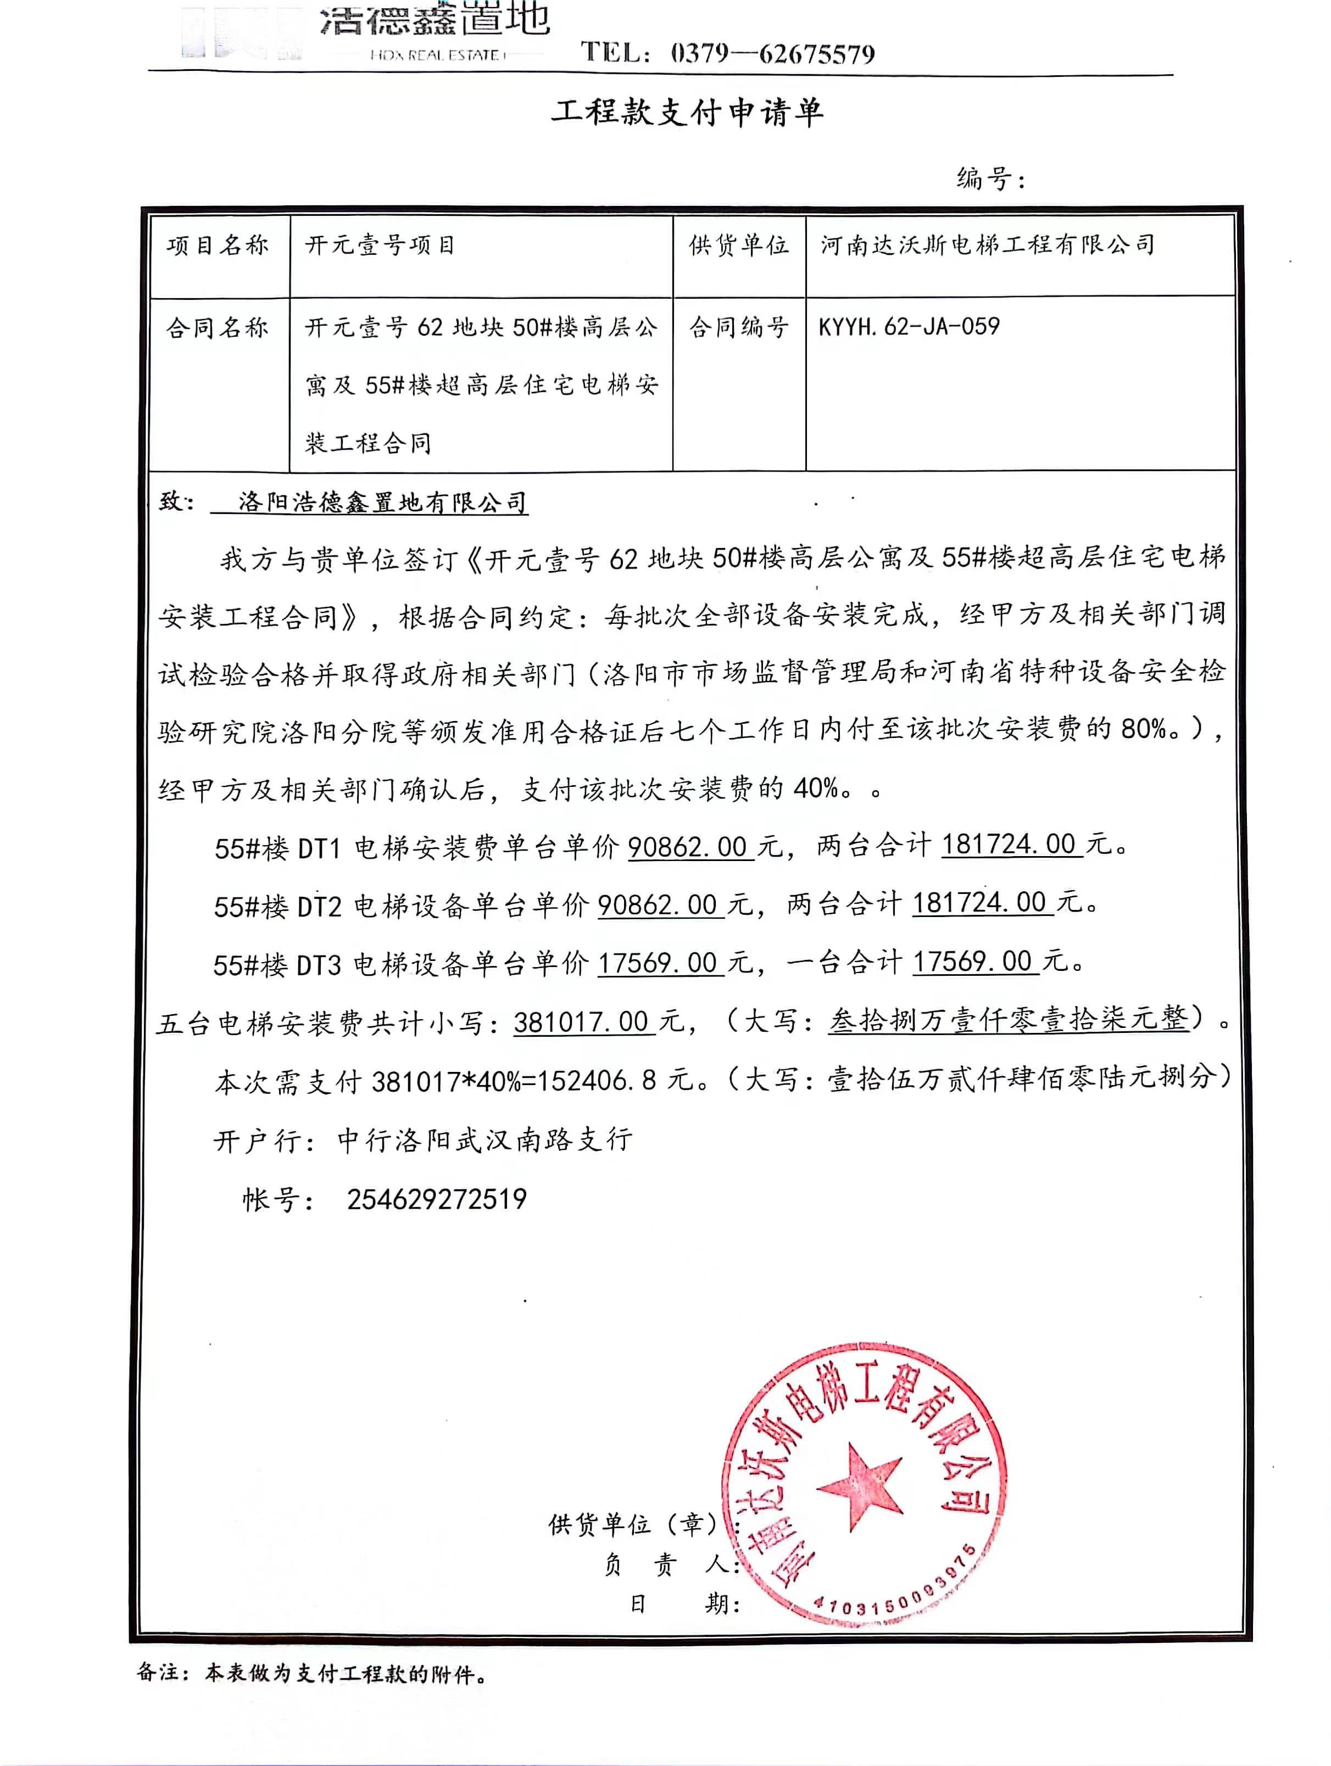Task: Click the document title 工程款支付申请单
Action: click(x=687, y=113)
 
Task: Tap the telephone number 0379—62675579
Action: click(x=772, y=54)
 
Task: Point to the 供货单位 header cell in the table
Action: click(x=738, y=245)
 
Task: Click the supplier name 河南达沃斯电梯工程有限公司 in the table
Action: click(x=988, y=245)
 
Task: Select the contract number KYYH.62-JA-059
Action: click(x=909, y=327)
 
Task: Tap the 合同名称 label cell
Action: click(x=217, y=327)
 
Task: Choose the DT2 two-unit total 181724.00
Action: click(x=979, y=903)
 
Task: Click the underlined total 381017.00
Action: click(x=581, y=1022)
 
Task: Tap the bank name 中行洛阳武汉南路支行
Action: click(x=484, y=1140)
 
